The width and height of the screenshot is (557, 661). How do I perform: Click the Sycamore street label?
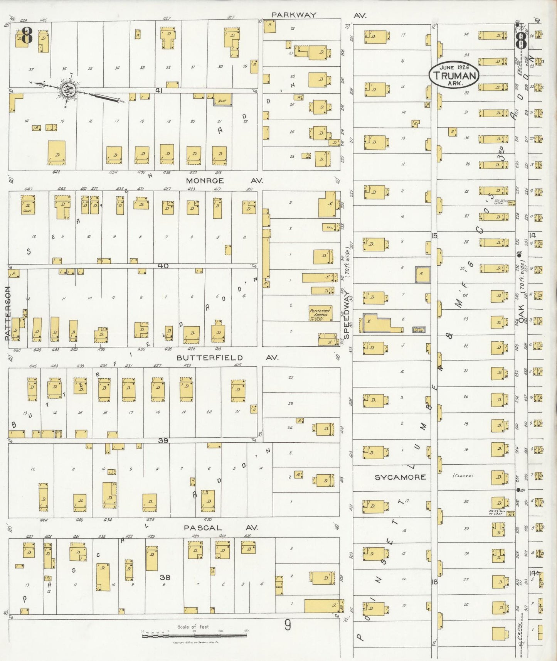point(401,477)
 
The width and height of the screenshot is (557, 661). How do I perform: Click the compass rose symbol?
point(69,90)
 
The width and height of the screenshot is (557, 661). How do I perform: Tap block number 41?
point(158,90)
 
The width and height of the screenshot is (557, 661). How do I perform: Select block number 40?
point(163,266)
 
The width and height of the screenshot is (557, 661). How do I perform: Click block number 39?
point(163,440)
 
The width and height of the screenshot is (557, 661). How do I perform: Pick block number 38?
point(165,577)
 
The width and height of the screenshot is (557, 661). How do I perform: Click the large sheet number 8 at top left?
point(26,35)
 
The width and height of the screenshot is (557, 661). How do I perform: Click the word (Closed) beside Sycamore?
point(463,476)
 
